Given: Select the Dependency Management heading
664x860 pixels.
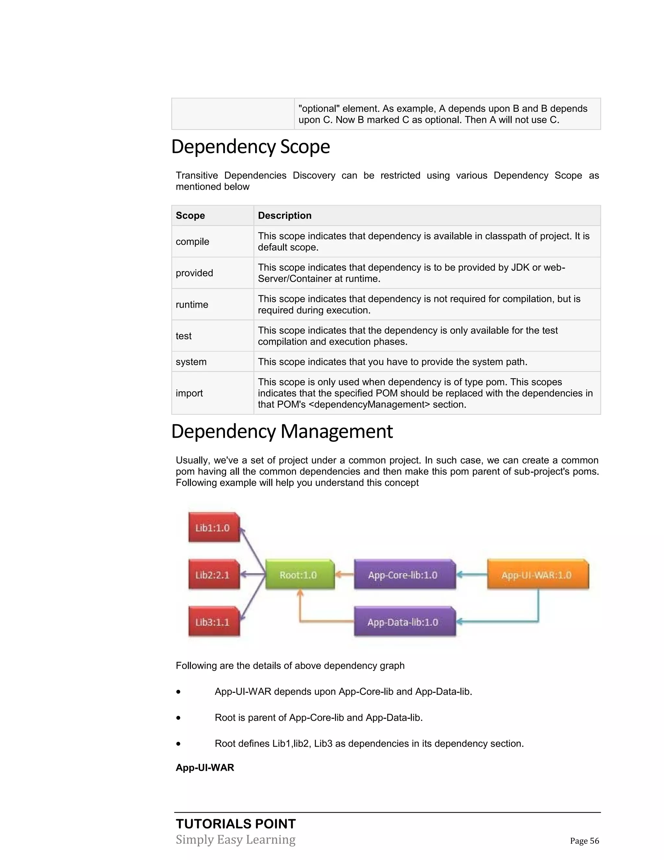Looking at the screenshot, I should tap(282, 431).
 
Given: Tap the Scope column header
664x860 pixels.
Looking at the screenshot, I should tap(190, 215).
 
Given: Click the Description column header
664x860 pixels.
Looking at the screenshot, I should tap(284, 215).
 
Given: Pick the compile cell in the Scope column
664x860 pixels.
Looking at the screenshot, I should tap(192, 241).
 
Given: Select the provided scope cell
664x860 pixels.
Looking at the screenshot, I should tap(194, 273).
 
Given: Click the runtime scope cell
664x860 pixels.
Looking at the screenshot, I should tap(192, 304).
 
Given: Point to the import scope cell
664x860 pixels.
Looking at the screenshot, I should tap(189, 393).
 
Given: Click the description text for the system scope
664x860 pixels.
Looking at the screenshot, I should tap(392, 362).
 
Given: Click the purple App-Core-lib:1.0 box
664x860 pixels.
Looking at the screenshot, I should tap(404, 575).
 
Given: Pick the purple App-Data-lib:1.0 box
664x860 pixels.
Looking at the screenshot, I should tap(404, 622).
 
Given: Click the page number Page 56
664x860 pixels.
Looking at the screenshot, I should tap(584, 841).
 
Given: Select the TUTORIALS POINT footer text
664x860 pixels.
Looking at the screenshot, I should tap(236, 824).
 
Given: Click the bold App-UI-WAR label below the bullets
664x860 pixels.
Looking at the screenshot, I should tap(205, 768).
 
